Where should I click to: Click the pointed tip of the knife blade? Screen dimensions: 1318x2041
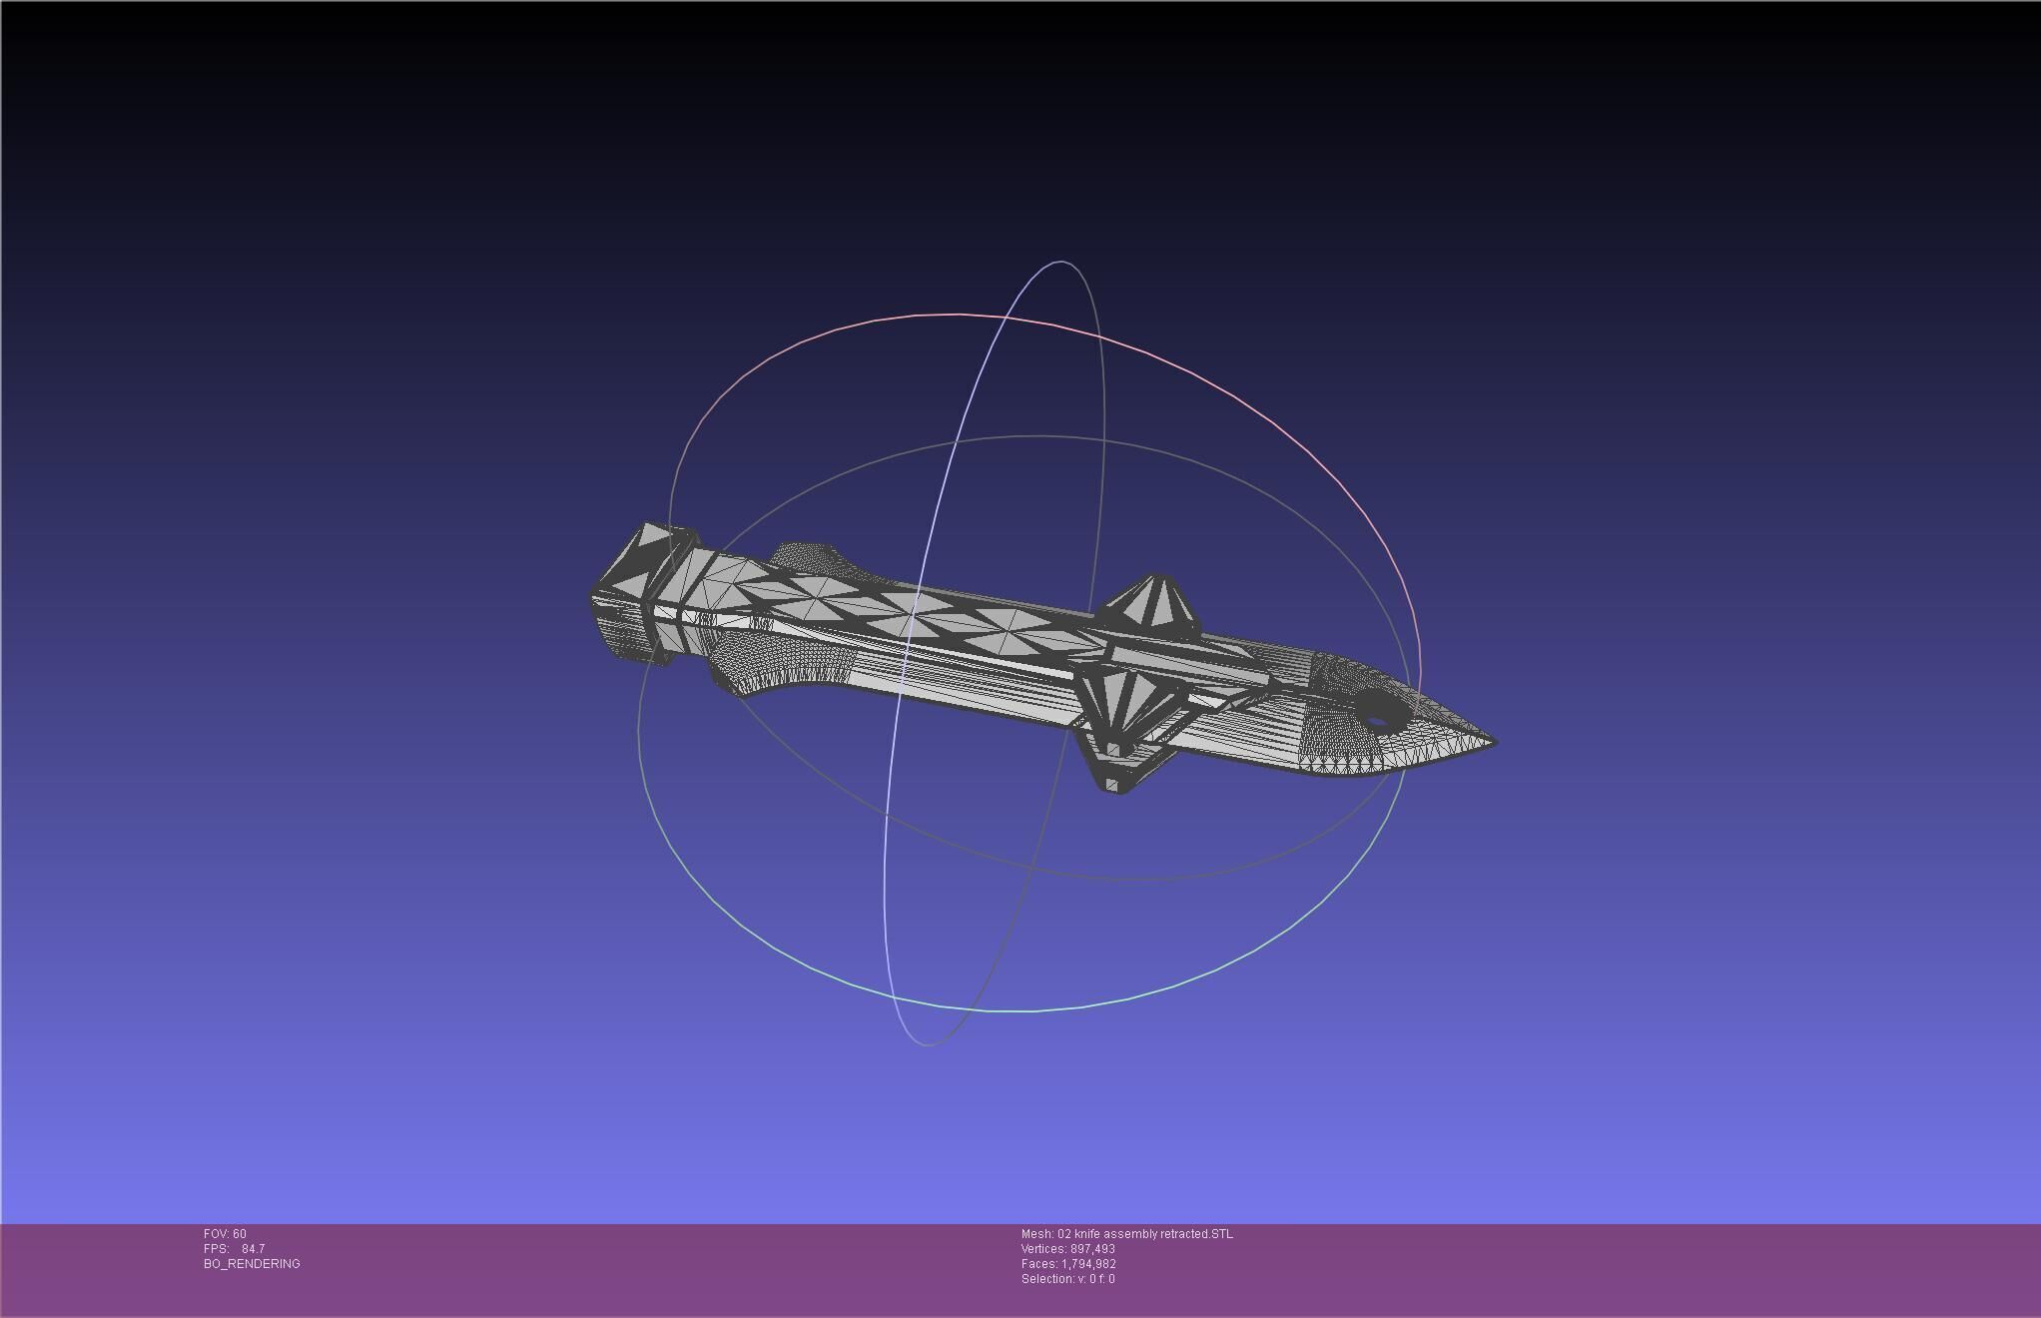click(x=1494, y=742)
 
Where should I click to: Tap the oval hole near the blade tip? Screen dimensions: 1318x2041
click(x=1377, y=720)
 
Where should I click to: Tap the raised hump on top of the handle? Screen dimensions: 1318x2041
click(x=809, y=555)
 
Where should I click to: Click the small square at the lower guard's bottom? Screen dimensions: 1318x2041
click(x=1112, y=749)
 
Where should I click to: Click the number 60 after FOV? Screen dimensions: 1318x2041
click(x=240, y=1234)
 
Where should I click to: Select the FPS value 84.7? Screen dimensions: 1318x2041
click(x=253, y=1249)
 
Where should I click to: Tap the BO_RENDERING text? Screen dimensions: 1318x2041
click(x=252, y=1264)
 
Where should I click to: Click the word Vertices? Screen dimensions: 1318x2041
click(x=1042, y=1249)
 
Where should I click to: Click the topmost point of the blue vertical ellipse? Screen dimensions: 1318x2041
click(x=1060, y=262)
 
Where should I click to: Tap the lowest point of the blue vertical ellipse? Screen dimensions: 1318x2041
click(x=927, y=1044)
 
